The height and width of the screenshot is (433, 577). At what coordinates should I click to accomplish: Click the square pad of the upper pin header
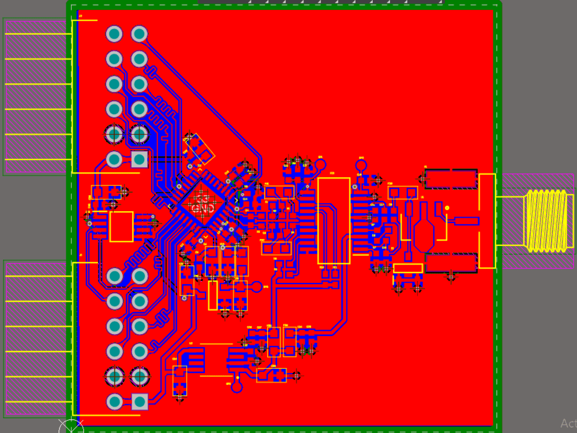pyautogui.click(x=139, y=159)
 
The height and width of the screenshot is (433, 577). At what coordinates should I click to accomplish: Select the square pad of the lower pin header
pyautogui.click(x=139, y=401)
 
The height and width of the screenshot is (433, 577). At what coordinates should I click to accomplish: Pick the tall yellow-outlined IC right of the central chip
pyautogui.click(x=334, y=221)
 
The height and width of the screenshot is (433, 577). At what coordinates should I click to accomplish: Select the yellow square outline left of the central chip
pyautogui.click(x=121, y=226)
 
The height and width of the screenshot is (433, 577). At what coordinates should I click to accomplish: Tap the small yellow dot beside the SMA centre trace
pyautogui.click(x=447, y=208)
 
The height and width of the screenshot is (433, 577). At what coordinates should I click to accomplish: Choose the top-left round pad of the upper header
pyautogui.click(x=114, y=33)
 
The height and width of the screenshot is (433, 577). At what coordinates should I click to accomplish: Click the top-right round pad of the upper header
pyautogui.click(x=139, y=33)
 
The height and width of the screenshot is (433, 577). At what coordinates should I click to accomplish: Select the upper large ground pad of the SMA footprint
pyautogui.click(x=451, y=179)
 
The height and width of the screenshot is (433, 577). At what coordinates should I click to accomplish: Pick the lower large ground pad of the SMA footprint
pyautogui.click(x=451, y=263)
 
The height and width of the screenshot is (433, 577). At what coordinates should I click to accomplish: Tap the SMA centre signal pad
pyautogui.click(x=466, y=221)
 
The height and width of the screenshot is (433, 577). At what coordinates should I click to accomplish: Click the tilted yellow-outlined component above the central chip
pyautogui.click(x=198, y=148)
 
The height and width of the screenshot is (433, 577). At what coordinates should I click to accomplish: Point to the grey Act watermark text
pyautogui.click(x=568, y=424)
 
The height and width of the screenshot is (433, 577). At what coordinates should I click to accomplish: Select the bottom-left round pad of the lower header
pyautogui.click(x=114, y=401)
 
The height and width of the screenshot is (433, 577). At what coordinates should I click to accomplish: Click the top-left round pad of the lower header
pyautogui.click(x=114, y=276)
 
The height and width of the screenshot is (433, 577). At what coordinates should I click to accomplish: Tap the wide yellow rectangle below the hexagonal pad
pyautogui.click(x=408, y=268)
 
